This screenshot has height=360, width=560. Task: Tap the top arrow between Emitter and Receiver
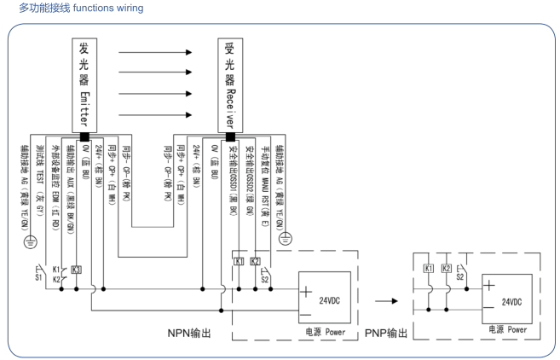click(157, 51)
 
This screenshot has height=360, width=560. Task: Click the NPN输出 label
click(176, 329)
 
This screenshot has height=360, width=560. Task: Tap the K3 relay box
click(78, 270)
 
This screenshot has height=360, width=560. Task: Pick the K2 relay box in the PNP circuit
click(442, 269)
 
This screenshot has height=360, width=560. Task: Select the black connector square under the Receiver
click(229, 135)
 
